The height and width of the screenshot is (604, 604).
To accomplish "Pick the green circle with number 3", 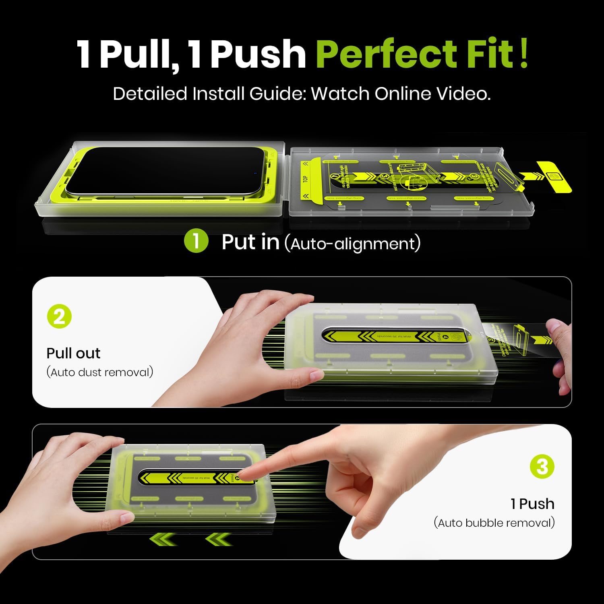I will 542,467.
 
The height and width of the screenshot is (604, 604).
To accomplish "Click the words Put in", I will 250,242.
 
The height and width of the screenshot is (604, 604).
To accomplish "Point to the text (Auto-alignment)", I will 352,244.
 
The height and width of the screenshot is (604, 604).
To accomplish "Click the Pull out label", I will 73,353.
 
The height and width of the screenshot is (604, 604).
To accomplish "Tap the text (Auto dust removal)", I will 100,372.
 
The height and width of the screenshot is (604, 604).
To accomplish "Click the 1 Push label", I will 532,504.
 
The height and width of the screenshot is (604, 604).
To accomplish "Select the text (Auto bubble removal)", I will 494,523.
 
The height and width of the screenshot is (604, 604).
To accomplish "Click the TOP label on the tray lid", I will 305,178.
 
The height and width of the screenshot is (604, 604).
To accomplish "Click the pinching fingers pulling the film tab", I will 558,334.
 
